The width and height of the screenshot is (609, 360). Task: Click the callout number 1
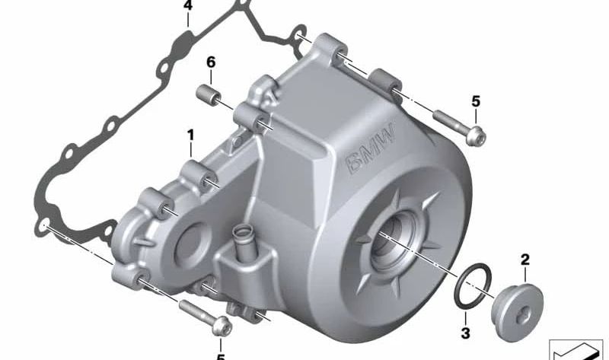pyautogui.click(x=190, y=135)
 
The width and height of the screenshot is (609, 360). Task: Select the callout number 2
pyautogui.click(x=525, y=260)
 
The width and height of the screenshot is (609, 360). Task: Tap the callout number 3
pyautogui.click(x=466, y=333)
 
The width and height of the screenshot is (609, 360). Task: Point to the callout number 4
pyautogui.click(x=187, y=5)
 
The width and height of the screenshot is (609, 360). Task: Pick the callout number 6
pyautogui.click(x=211, y=62)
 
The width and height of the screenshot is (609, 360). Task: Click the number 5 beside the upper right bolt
pyautogui.click(x=476, y=102)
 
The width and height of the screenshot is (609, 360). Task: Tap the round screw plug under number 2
pyautogui.click(x=517, y=313)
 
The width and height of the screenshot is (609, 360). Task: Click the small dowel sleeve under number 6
pyautogui.click(x=208, y=96)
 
